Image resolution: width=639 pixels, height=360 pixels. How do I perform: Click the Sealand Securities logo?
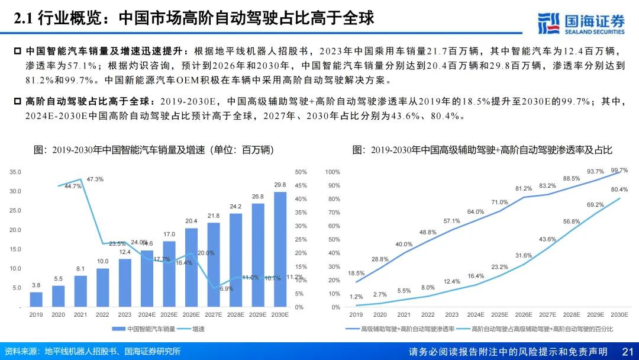(581, 22)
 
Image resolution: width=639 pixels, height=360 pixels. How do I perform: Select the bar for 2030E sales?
(280, 249)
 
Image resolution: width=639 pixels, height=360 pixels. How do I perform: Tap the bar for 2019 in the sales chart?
(36, 300)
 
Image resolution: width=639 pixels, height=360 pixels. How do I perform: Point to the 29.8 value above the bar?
(280, 185)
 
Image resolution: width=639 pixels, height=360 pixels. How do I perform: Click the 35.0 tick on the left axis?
(15, 172)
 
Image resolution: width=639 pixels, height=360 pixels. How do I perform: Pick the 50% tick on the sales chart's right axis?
(301, 172)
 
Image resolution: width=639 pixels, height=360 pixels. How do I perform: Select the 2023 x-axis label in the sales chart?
(125, 314)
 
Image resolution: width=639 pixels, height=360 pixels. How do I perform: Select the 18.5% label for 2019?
(357, 274)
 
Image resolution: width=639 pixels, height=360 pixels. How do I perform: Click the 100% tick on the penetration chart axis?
(333, 172)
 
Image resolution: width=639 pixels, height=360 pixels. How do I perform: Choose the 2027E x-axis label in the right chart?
(547, 314)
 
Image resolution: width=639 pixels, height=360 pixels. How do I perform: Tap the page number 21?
(628, 352)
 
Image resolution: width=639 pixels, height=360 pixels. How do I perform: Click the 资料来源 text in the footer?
(22, 352)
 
